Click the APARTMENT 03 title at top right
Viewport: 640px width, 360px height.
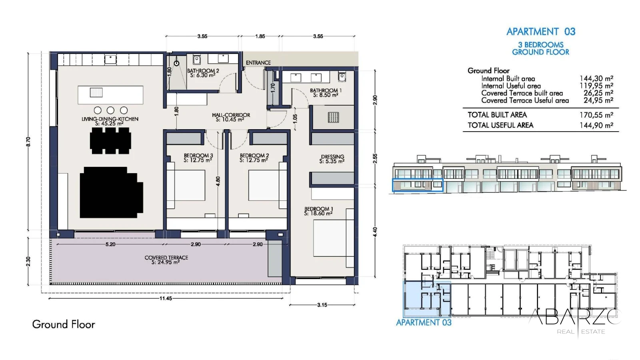click(x=541, y=32)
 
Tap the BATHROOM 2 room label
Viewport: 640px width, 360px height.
click(x=203, y=70)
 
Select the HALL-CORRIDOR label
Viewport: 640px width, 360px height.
click(x=231, y=115)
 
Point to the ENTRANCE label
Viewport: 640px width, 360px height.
click(x=258, y=62)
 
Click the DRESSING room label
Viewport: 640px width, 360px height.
click(x=332, y=156)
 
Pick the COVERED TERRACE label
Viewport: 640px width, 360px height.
click(x=166, y=258)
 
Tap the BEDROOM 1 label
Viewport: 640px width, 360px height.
click(x=318, y=209)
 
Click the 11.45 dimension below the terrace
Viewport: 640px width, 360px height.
click(x=166, y=298)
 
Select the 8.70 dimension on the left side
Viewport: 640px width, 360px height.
click(x=28, y=142)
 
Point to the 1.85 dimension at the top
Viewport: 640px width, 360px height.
click(x=260, y=36)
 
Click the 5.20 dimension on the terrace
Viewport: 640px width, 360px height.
click(x=110, y=244)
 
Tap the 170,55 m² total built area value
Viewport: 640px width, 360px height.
click(x=596, y=115)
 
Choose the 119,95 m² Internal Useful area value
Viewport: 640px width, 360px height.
click(x=596, y=86)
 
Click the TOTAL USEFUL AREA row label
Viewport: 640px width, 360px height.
click(x=500, y=125)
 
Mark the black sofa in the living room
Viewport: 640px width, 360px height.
click(x=112, y=192)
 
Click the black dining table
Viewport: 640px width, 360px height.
click(x=110, y=140)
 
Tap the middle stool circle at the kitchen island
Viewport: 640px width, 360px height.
click(x=110, y=110)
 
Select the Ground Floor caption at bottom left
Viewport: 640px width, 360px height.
click(x=64, y=324)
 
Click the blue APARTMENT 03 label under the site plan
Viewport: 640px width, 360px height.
click(x=424, y=322)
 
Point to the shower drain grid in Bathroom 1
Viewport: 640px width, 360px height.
click(x=334, y=117)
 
